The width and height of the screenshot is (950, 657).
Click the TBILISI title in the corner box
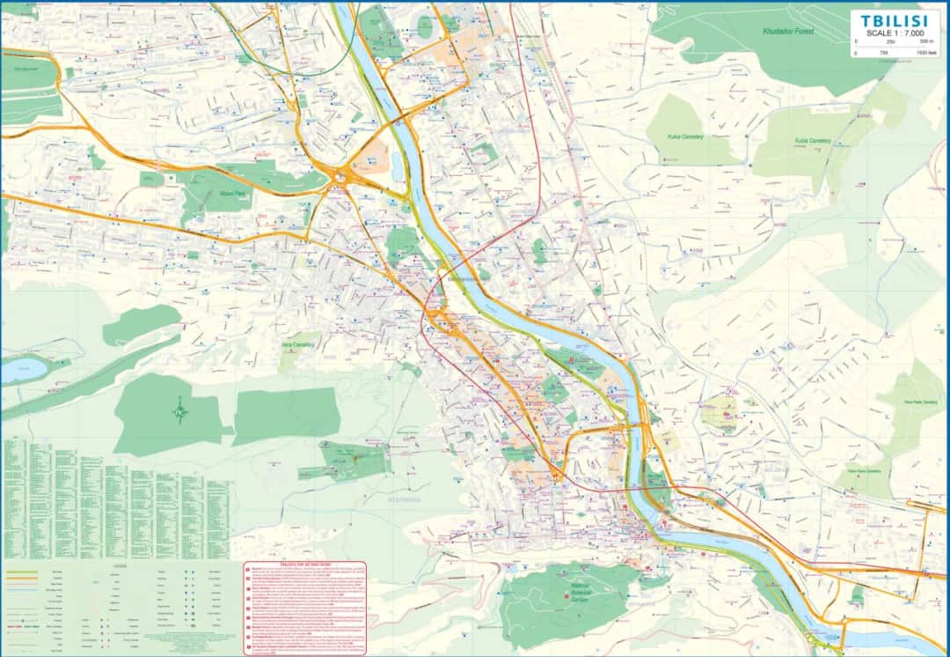point(894,19)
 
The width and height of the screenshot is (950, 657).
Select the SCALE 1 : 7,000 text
point(894,33)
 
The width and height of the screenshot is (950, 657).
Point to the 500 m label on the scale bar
point(926,41)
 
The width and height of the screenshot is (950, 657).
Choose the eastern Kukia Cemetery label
point(813,140)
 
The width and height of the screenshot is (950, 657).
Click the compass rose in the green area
point(180,410)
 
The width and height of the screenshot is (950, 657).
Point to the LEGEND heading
point(120,565)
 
